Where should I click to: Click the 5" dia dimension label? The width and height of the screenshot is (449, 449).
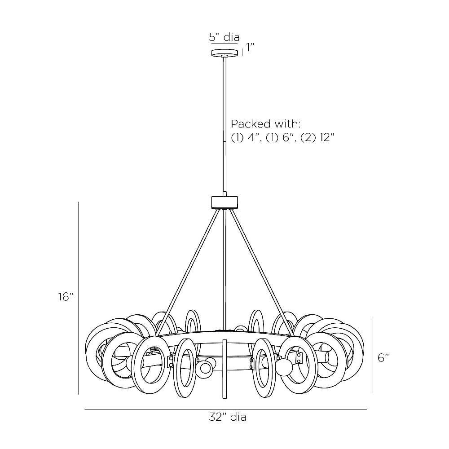224,37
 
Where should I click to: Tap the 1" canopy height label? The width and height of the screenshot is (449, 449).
250,48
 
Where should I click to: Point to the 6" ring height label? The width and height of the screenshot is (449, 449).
383,358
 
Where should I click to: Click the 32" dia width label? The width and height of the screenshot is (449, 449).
228,417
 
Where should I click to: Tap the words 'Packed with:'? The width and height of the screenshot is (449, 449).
265,124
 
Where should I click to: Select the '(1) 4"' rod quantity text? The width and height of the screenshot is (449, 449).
246,138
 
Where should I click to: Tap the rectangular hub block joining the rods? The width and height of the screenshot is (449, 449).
224,202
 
